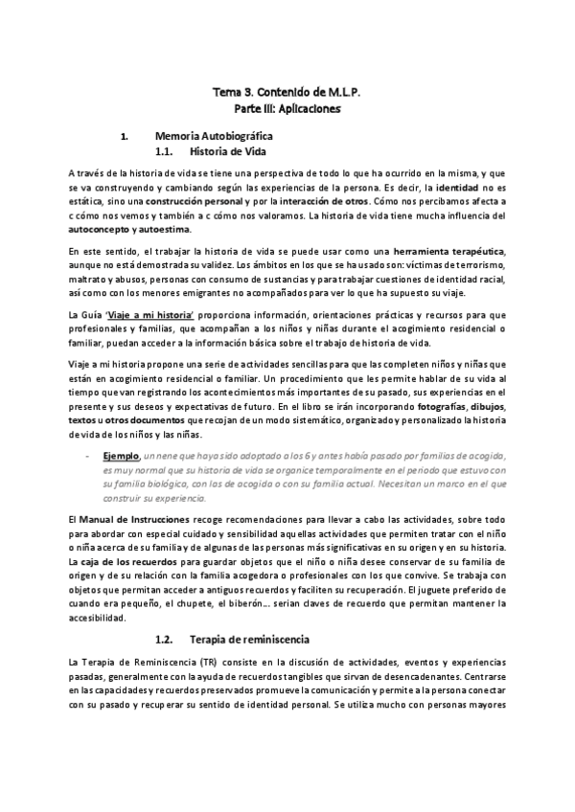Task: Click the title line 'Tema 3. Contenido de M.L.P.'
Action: (x=287, y=93)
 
